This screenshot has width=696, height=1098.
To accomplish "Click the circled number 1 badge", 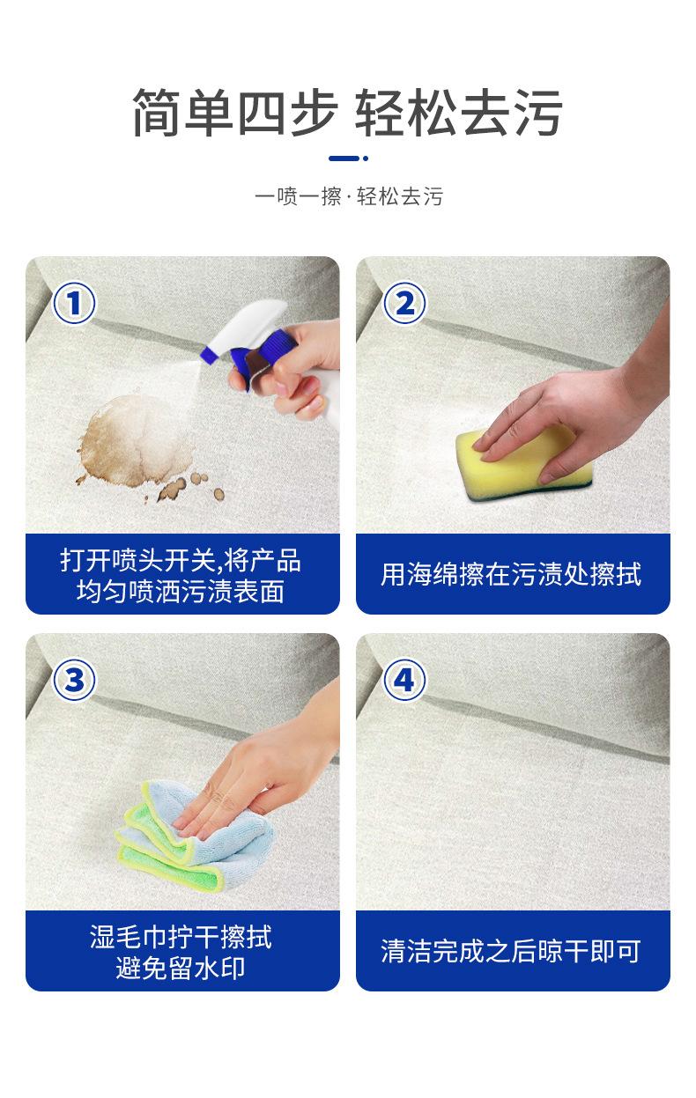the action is [x=74, y=303].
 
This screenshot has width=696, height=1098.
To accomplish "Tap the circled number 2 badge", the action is [x=404, y=303].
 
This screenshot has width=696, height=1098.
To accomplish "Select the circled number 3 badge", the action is [x=74, y=680].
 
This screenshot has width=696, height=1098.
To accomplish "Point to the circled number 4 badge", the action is [x=404, y=680].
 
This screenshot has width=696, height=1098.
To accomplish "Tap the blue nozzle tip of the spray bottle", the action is [x=208, y=354].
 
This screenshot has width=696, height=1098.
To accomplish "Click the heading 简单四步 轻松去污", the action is [x=347, y=112].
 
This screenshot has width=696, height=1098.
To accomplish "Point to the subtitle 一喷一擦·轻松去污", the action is [x=349, y=196].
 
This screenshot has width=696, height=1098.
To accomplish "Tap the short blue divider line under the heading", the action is [x=348, y=158].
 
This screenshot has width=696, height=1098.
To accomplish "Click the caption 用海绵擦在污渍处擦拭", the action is [x=511, y=574].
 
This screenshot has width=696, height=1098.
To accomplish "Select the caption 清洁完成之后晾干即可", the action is [x=511, y=951].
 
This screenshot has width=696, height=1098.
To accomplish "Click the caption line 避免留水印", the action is [x=181, y=968].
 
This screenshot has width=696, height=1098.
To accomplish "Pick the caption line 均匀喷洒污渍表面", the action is [x=181, y=591].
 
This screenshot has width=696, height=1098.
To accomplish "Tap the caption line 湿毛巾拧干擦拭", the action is [x=181, y=937].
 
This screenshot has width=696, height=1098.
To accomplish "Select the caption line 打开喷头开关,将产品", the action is [x=181, y=560].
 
